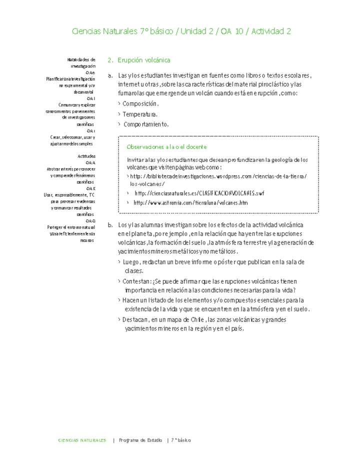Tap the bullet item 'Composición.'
140,104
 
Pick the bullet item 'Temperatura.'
140,114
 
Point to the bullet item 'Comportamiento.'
146,124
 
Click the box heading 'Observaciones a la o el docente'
167,147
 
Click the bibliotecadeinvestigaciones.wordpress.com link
218,176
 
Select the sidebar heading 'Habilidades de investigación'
81,62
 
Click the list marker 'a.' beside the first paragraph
110,76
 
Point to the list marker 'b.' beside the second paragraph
110,225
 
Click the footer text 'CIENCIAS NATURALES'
82,440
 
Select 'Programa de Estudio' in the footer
140,440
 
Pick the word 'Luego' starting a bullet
131,262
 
